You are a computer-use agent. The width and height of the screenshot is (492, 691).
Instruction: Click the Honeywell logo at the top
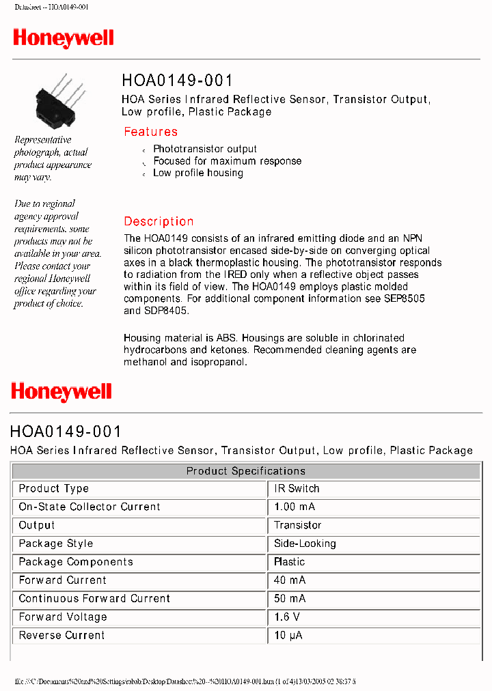pos(64,38)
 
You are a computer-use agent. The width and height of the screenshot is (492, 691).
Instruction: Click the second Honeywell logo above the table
pos(61,392)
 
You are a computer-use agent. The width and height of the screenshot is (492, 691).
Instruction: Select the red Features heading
pos(150,132)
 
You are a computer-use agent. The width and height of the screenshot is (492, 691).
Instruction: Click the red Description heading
pos(159,221)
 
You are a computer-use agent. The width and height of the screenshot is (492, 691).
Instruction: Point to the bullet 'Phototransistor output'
pos(205,149)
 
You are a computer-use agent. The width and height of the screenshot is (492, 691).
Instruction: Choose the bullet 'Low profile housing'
pos(198,173)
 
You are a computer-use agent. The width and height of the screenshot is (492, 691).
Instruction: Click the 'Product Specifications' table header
pos(246,471)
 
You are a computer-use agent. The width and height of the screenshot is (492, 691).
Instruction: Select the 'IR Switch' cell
pos(297,489)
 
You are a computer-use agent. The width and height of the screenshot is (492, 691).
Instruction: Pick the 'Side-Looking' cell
pos(305,544)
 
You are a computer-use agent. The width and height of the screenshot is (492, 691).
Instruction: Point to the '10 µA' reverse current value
pos(288,636)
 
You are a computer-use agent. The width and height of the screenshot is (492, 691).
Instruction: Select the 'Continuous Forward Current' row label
pos(94,599)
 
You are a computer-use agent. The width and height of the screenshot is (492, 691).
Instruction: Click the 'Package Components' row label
pos(76,562)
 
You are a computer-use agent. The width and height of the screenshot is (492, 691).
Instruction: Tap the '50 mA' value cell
pos(290,599)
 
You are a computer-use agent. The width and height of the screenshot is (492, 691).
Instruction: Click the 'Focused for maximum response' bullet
pos(227,161)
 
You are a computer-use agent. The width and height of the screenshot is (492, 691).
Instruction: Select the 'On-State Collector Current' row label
pos(90,507)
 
